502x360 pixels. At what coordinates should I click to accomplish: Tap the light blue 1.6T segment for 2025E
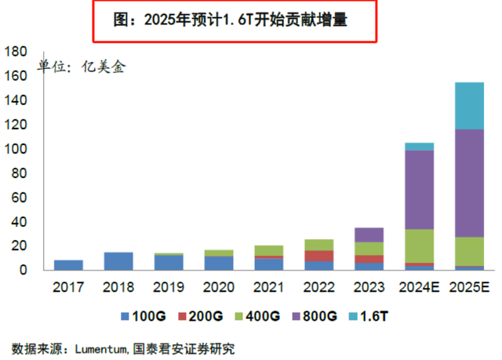click(469, 106)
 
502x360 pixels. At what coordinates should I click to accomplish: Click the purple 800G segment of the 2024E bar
click(419, 189)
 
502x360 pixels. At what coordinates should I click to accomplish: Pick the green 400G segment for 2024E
click(419, 245)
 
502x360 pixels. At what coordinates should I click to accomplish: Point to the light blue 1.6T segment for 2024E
click(419, 147)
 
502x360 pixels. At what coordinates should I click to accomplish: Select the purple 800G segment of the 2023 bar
click(369, 235)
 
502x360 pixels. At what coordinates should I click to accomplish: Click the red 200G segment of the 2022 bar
click(318, 256)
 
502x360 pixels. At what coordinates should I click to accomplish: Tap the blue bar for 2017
click(68, 265)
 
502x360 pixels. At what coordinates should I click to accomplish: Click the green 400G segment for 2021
click(268, 250)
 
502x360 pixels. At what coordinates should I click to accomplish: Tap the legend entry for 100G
click(142, 317)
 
